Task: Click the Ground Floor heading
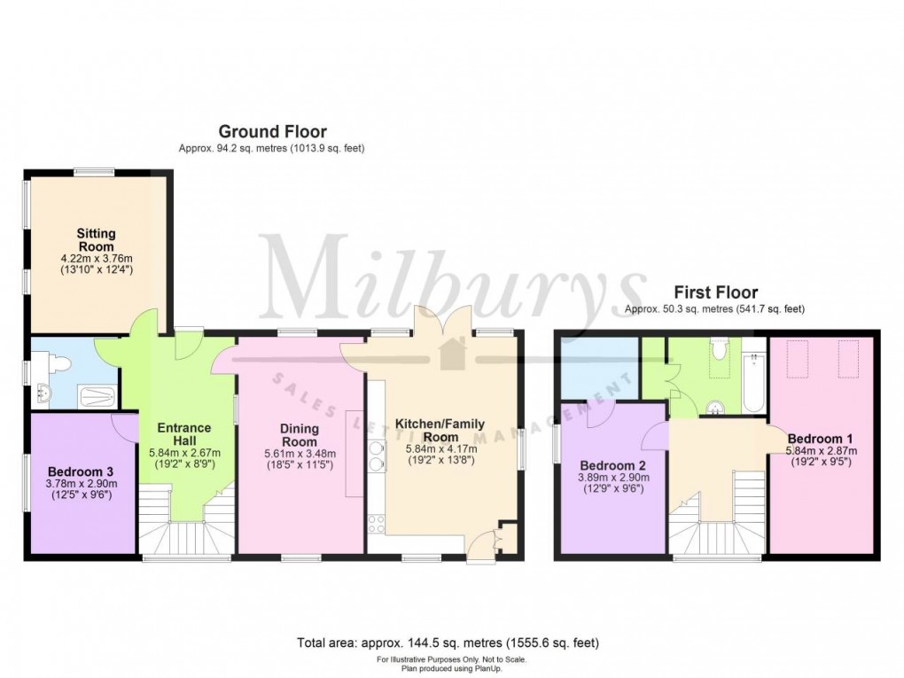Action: click(272, 132)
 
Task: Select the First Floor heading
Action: click(715, 292)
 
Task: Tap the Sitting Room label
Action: click(96, 239)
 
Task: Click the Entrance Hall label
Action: click(183, 434)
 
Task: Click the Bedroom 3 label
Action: click(82, 471)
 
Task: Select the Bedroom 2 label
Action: click(607, 465)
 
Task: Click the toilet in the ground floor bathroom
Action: click(57, 362)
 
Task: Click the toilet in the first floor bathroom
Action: click(720, 349)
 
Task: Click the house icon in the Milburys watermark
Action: click(453, 353)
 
